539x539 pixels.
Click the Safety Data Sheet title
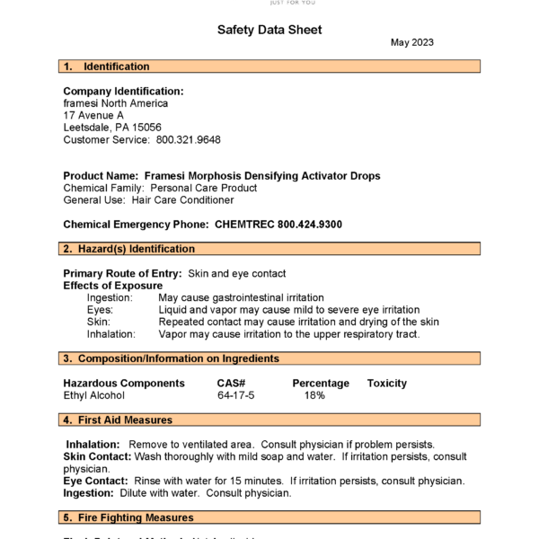pos(269,30)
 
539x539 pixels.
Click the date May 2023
pos(413,43)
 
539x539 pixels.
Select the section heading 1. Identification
pos(107,66)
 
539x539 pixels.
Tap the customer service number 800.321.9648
pos(188,140)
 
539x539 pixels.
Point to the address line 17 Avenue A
pos(93,116)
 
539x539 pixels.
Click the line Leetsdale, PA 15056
pos(112,128)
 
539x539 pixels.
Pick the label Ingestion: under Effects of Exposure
pos(110,297)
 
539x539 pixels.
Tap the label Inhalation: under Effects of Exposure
pos(110,334)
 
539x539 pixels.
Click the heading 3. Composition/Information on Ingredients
pos(171,359)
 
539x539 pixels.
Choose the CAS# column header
pos(231,384)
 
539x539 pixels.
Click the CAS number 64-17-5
pos(235,395)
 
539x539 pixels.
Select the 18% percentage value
pos(314,395)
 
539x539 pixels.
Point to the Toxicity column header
pos(386,384)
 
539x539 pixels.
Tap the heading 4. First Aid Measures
pos(118,420)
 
